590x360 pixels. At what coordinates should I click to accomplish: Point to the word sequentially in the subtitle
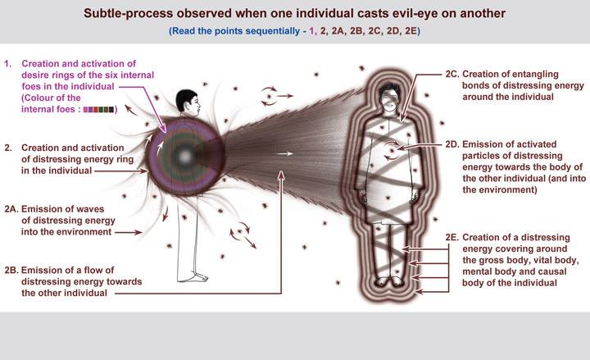(x=267, y=32)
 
